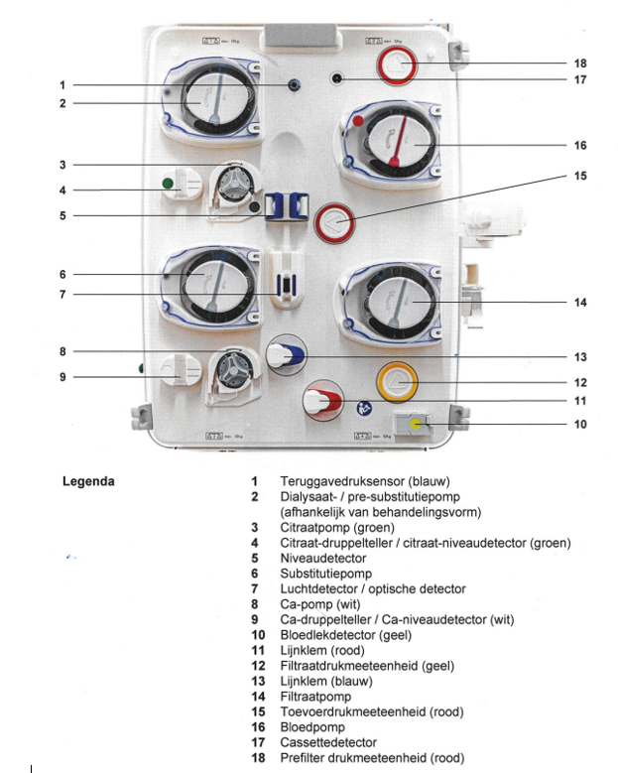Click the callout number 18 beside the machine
point(580,62)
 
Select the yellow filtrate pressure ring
point(397,382)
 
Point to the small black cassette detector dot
point(338,78)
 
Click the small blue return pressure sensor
point(294,85)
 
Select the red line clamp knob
point(319,402)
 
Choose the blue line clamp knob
point(287,354)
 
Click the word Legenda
point(88,481)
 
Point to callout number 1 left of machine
point(62,85)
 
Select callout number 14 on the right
point(580,302)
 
